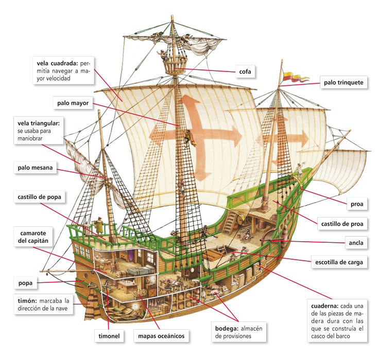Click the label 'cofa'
(x=245, y=71)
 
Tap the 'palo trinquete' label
(x=343, y=82)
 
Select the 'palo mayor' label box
(x=73, y=103)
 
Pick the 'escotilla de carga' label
(x=339, y=262)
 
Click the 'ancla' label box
(x=356, y=241)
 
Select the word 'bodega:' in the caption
(x=227, y=328)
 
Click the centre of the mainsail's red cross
(x=195, y=131)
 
